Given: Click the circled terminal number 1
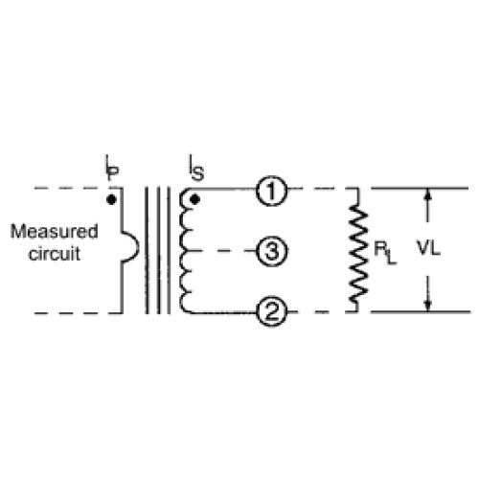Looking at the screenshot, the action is (271, 191).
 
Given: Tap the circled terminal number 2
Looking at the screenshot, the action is (272, 311).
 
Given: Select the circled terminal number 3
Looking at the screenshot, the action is (272, 251).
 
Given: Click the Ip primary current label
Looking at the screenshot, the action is (112, 168).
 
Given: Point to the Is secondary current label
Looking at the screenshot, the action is (196, 169).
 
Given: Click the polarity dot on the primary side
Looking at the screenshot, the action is (111, 200).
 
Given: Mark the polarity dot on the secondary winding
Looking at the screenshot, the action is (194, 200).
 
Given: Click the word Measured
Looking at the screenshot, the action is (55, 231).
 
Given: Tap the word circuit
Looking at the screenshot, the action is (55, 254).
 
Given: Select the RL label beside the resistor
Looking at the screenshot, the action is (385, 253).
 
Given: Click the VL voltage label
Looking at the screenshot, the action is (428, 248).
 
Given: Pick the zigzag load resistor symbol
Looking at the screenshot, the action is (357, 250).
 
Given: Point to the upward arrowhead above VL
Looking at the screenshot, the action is (428, 194).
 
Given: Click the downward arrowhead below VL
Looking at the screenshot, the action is (428, 306).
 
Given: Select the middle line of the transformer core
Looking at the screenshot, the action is (158, 251).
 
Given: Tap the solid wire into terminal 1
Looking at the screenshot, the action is (223, 189).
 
